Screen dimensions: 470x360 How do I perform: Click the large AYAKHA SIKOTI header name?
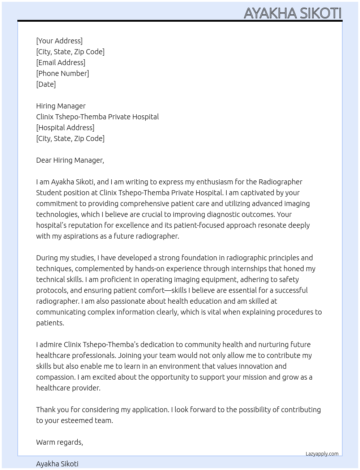292,13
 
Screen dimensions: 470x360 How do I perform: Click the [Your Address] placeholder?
59,41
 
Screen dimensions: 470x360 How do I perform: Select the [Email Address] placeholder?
61,63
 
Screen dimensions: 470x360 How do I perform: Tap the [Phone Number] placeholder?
63,73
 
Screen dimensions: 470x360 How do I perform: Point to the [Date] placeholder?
46,84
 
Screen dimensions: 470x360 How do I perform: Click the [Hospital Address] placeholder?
65,128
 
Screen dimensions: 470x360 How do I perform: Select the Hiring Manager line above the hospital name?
61,106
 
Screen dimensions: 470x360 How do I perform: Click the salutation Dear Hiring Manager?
70,160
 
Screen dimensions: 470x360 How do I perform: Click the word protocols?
51,290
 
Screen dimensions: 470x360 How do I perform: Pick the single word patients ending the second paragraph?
50,323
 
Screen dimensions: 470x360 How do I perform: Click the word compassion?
56,377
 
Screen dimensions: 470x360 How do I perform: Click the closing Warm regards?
59,442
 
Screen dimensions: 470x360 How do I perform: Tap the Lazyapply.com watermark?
322,454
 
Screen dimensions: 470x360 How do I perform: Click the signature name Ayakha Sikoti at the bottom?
57,464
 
